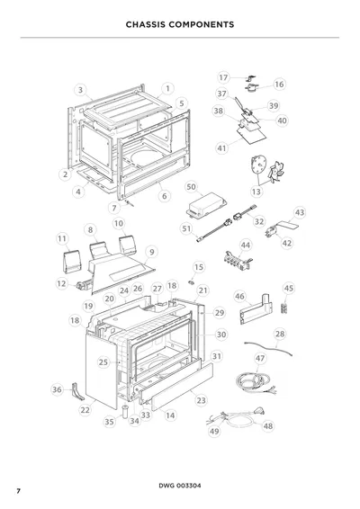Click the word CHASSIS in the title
[146, 24]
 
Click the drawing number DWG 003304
[180, 486]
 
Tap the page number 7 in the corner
[19, 491]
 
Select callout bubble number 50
[192, 187]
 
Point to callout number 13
[256, 192]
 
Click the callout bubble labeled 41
[221, 148]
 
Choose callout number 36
[57, 389]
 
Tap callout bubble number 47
[260, 359]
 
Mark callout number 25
[103, 362]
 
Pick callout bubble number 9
[152, 252]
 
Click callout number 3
[81, 90]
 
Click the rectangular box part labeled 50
[207, 205]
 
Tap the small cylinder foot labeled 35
[125, 411]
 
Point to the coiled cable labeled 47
[254, 380]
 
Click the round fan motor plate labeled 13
[258, 165]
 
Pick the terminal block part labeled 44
[238, 261]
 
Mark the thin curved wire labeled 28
[268, 349]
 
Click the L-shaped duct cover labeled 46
[255, 310]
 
